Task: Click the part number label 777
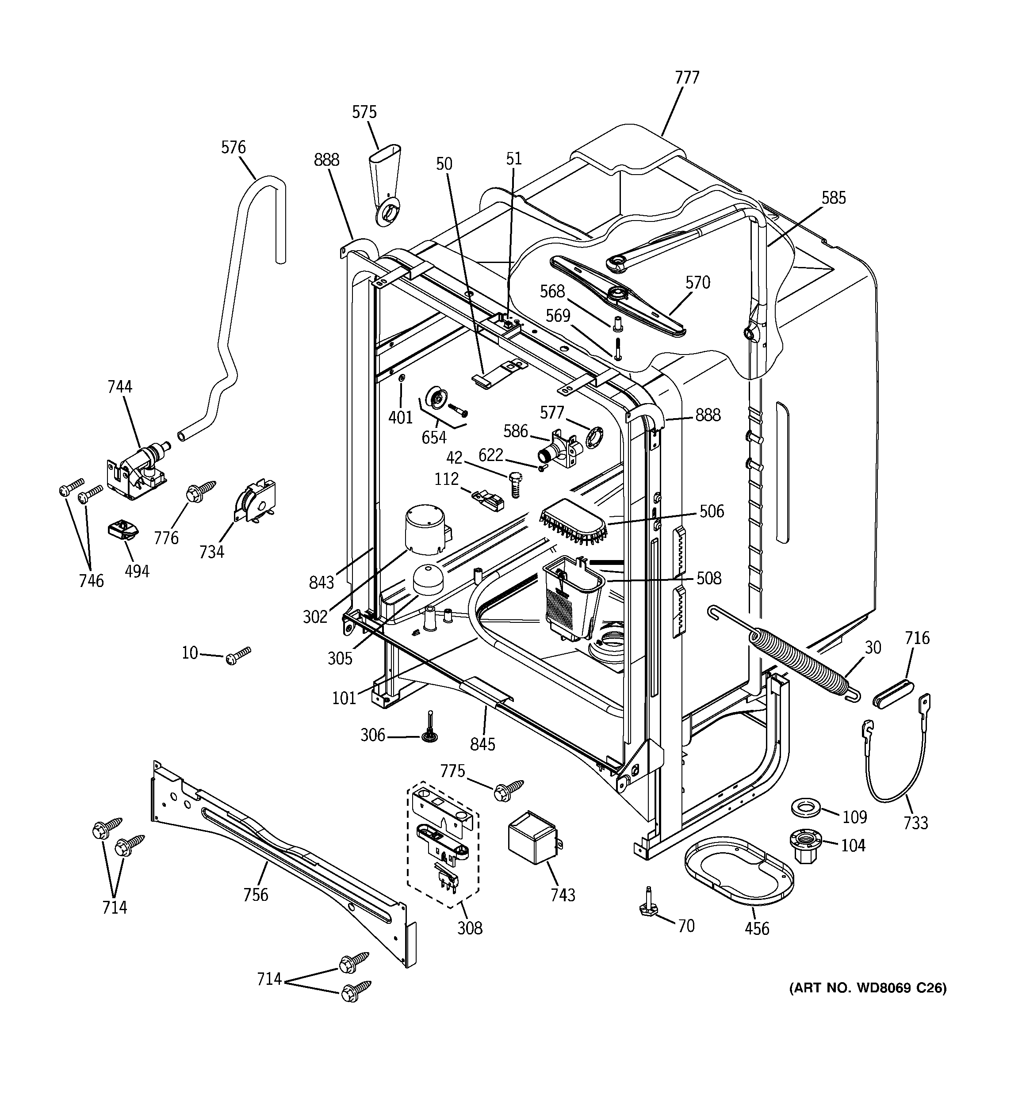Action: pos(687,78)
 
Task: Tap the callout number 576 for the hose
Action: pos(233,148)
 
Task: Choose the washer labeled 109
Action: pos(806,809)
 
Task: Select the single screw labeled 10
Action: pos(237,656)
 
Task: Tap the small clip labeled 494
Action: pos(122,531)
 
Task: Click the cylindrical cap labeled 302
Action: pos(426,530)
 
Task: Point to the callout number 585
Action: pos(833,198)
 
